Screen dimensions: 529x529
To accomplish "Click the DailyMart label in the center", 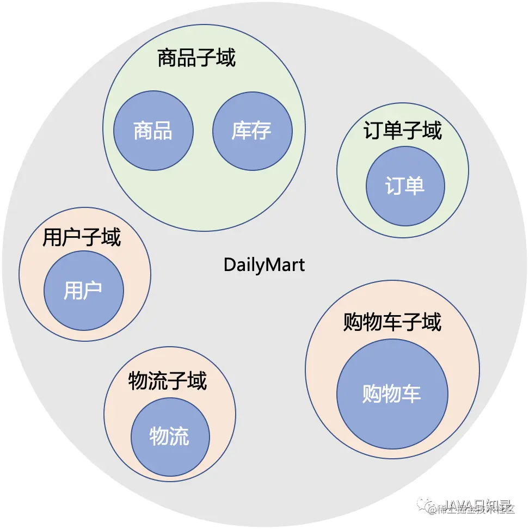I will [x=264, y=265].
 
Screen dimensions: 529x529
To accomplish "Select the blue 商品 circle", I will [x=153, y=131].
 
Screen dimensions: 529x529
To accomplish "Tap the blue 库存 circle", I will [x=252, y=131].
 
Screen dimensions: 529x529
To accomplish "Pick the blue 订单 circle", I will [x=405, y=187].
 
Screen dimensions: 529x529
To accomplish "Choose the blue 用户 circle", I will [x=83, y=290].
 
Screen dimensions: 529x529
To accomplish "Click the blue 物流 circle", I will [x=170, y=437].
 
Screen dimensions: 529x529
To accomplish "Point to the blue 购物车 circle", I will [x=392, y=393].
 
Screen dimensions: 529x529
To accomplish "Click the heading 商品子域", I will [x=196, y=57].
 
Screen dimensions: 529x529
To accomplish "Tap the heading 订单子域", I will [x=402, y=131].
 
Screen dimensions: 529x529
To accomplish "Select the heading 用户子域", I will [x=82, y=237].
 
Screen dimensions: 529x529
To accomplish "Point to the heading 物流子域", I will [x=168, y=381].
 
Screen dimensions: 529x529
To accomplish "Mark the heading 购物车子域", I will [x=392, y=322].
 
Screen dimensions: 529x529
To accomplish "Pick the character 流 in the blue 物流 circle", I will [x=180, y=437].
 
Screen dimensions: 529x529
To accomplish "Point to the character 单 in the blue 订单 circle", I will [x=415, y=187].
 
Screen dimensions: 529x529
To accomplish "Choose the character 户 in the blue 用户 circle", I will [x=93, y=290].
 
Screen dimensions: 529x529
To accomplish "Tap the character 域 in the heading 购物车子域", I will [x=431, y=322].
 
